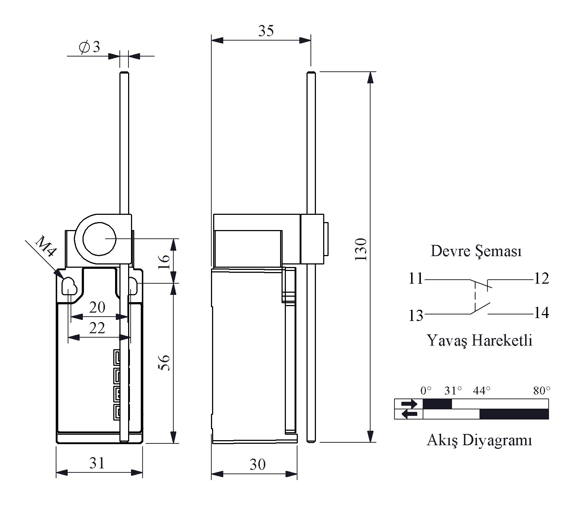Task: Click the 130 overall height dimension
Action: pos(361,249)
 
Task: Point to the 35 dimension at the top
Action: pos(266,31)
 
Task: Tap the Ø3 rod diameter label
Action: pos(89,47)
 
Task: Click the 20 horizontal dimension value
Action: pos(97,308)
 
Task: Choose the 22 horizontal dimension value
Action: pos(97,328)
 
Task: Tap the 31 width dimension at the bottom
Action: pos(97,463)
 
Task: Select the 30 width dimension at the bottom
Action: pos(258,464)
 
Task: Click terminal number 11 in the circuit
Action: pos(416,279)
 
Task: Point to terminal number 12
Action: pos(541,279)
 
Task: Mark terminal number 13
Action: pos(416,316)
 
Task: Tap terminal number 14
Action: pos(541,313)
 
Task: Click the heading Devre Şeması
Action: pos(476,251)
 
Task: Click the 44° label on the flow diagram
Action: pos(482,391)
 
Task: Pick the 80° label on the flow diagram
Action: pos(542,391)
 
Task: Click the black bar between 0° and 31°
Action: pos(437,404)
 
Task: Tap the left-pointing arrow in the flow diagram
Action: pos(409,414)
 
